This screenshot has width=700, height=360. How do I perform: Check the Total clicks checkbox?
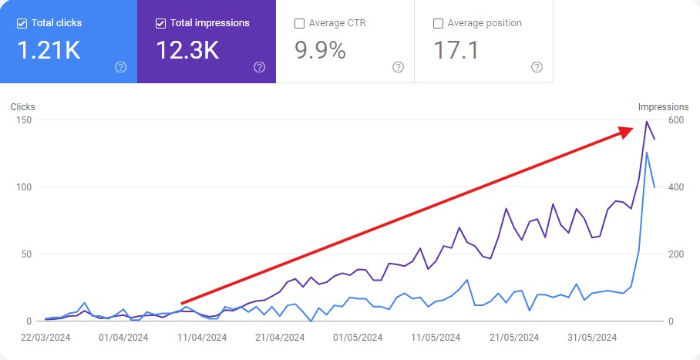pyautogui.click(x=22, y=23)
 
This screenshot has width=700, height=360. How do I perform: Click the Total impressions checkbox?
pyautogui.click(x=160, y=23)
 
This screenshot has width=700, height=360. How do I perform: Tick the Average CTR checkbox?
pyautogui.click(x=299, y=23)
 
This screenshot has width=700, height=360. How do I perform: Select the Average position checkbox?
pyautogui.click(x=438, y=23)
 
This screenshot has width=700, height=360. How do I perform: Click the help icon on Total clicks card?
pyautogui.click(x=120, y=67)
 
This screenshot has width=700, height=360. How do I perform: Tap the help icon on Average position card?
pyautogui.click(x=537, y=67)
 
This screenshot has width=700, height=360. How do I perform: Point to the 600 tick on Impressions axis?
pyautogui.click(x=676, y=120)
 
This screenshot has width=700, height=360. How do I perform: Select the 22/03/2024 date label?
pyautogui.click(x=45, y=337)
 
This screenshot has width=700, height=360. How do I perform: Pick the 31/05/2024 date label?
pyautogui.click(x=591, y=337)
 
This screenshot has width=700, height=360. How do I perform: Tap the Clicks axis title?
pyautogui.click(x=23, y=107)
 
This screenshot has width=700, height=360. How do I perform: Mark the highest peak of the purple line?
pyautogui.click(x=647, y=122)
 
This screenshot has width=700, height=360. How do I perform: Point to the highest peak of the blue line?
pyautogui.click(x=647, y=153)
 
